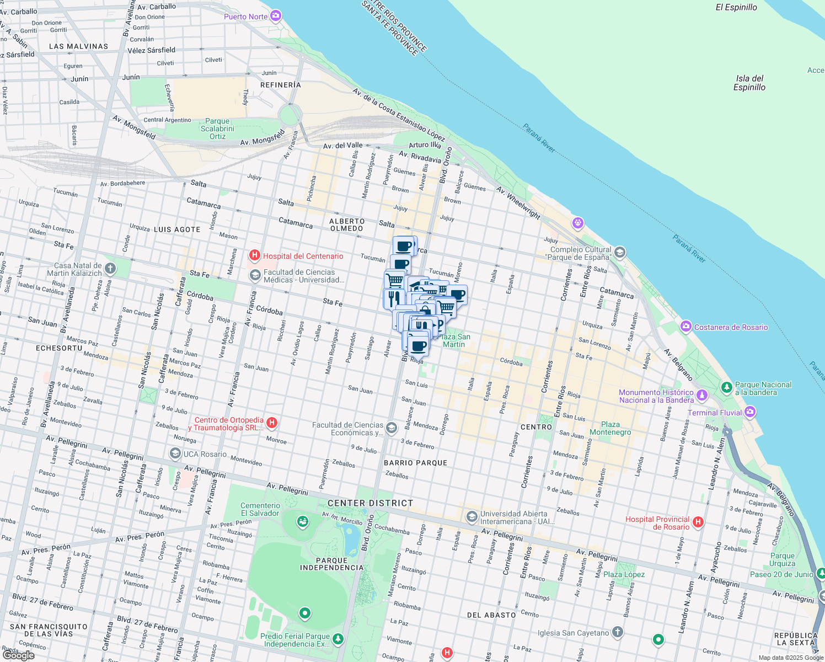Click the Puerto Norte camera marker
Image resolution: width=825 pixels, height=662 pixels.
tap(276, 16)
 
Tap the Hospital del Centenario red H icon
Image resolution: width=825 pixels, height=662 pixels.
tap(255, 255)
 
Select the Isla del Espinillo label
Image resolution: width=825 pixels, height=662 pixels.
tap(749, 83)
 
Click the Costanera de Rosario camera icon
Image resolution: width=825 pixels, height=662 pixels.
tap(685, 327)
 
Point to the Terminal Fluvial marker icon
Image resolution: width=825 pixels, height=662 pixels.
tap(749, 412)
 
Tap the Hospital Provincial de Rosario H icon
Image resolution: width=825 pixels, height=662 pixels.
tap(698, 522)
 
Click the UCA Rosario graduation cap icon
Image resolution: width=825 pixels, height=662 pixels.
tap(175, 454)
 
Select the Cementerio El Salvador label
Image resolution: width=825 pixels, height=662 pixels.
tap(260, 509)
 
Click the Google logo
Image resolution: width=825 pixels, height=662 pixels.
tap(19, 655)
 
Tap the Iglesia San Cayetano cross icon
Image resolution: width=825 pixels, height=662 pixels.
tap(618, 632)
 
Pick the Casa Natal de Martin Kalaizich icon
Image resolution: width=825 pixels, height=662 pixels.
tap(110, 269)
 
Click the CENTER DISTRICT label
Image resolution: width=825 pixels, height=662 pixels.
tap(370, 503)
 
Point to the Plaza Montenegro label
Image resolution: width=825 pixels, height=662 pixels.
tap(610, 428)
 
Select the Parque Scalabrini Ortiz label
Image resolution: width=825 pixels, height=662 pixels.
tap(217, 129)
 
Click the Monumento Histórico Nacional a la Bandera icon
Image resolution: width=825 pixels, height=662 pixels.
tap(702, 395)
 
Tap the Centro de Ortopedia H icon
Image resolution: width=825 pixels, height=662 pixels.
tap(271, 423)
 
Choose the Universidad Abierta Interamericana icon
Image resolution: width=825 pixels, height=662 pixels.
tap(472, 517)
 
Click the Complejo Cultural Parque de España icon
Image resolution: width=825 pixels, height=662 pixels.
tap(619, 253)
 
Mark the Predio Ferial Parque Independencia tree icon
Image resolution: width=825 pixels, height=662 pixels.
tap(337, 639)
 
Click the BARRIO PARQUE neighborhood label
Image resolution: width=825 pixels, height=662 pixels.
tap(415, 463)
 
